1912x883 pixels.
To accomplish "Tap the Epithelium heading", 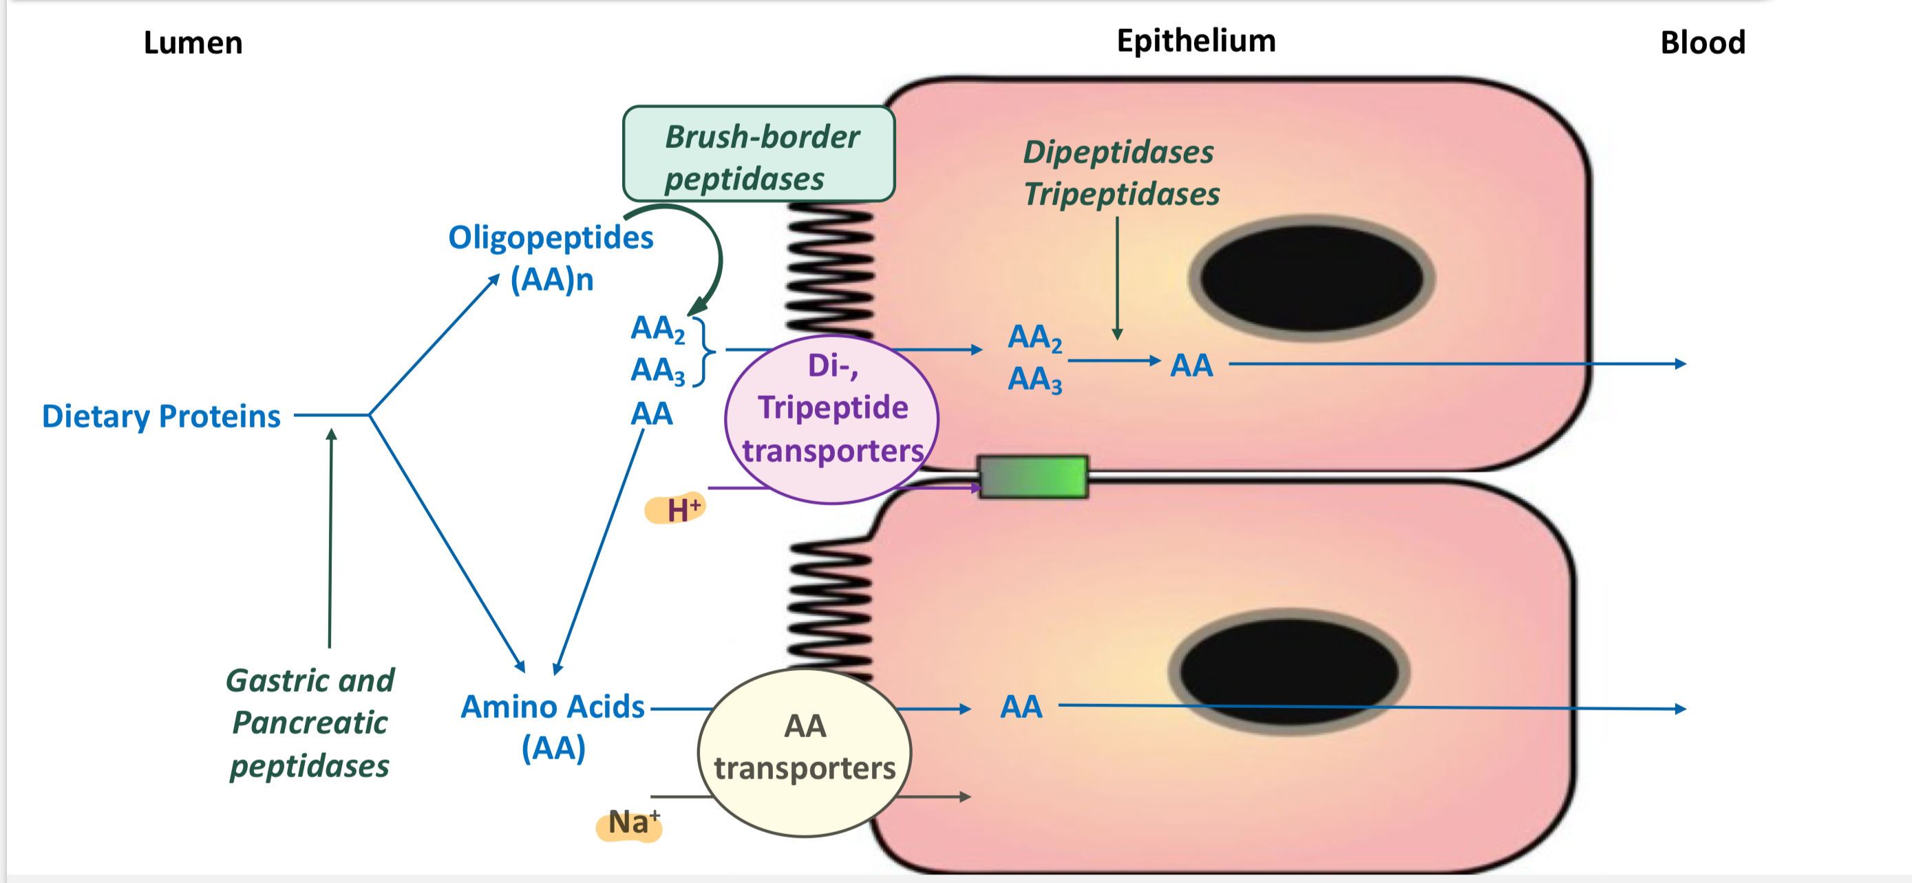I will click(1196, 40).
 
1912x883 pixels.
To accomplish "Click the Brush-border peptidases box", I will click(758, 154).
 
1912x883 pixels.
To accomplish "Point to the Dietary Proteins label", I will click(161, 416).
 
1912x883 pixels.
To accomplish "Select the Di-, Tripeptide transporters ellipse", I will click(832, 419).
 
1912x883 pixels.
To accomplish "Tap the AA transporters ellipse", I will click(805, 751).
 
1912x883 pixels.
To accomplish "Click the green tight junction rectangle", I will click(1033, 476).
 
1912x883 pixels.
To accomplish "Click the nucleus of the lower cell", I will click(1289, 672).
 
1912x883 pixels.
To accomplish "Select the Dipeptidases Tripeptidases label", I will click(1120, 173).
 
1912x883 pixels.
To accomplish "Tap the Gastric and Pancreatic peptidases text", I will click(310, 723).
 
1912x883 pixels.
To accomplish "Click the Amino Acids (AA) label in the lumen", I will click(553, 727).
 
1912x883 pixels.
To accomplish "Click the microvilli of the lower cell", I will click(830, 608).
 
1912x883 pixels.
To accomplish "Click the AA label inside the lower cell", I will click(1021, 706).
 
